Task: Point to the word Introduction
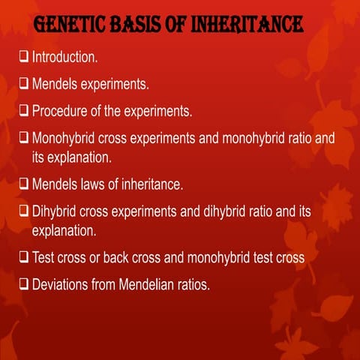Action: pos(64,56)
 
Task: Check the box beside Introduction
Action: pos(24,56)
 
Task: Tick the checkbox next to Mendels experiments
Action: pos(24,84)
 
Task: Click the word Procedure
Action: pos(61,112)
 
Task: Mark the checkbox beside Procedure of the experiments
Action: pos(24,112)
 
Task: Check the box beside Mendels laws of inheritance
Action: pos(24,184)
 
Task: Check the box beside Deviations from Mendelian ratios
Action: pos(24,285)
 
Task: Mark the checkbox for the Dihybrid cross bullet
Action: pos(24,212)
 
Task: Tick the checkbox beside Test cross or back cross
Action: pos(24,257)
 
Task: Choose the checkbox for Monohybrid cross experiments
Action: pos(24,139)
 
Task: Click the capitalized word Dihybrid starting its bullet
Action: pos(56,212)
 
